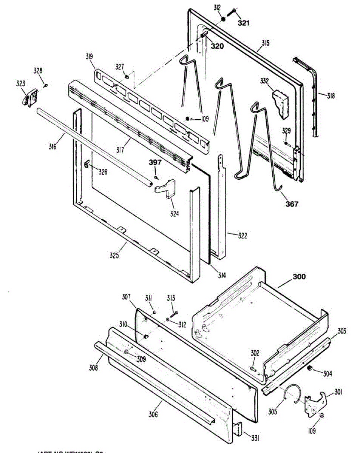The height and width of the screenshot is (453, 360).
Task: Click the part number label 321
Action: tap(243, 23)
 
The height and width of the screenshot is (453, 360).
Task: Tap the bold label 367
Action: tap(292, 204)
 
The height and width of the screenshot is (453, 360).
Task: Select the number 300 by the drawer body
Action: tap(299, 277)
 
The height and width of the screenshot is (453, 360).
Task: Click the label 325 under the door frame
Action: tap(114, 256)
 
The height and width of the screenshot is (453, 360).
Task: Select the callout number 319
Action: tap(89, 57)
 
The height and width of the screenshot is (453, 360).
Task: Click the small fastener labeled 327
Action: tap(127, 77)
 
